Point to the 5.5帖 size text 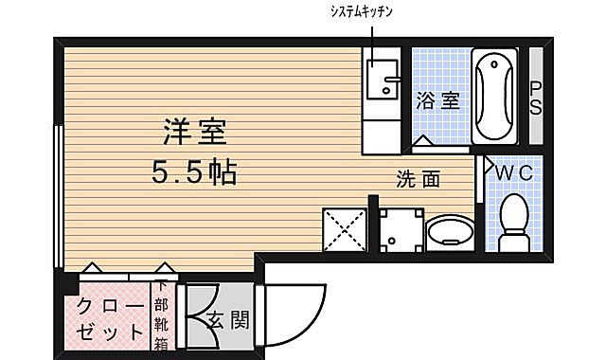[194, 172]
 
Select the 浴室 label [437, 99]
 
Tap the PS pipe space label [535, 98]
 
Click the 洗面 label [419, 179]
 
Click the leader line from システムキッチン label [372, 38]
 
